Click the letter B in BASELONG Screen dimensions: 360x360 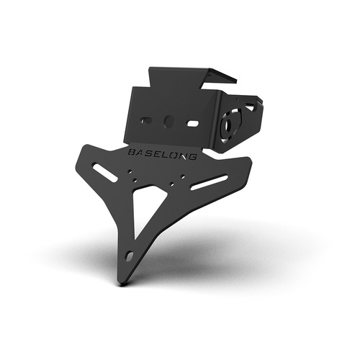tap(132, 153)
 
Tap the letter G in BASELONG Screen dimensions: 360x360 tap(192, 157)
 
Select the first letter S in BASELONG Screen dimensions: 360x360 tap(148, 153)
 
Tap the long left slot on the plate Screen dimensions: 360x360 tap(104, 172)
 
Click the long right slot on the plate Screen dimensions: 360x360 tap(210, 182)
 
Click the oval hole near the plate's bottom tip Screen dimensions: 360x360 tap(130, 256)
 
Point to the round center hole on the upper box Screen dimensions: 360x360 tap(168, 121)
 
